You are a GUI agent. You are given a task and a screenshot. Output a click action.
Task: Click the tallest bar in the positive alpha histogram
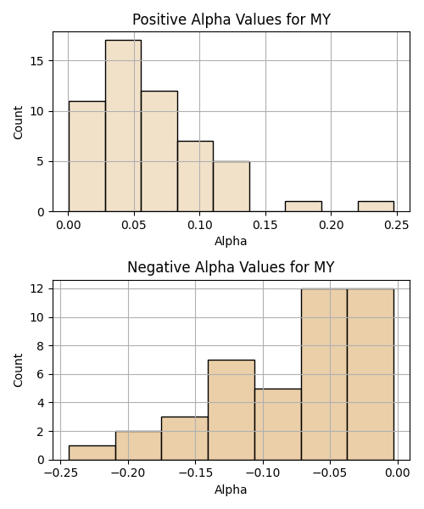[123, 126]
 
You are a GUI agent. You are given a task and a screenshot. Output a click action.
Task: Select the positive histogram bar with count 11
[87, 156]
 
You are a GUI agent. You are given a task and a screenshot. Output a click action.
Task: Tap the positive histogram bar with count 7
[195, 176]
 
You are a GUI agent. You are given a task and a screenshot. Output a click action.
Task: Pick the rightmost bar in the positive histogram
[376, 206]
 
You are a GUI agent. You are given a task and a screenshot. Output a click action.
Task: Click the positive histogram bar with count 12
[159, 151]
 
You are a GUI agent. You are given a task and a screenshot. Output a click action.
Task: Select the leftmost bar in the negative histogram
[92, 453]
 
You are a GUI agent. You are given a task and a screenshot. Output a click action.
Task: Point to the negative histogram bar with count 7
[232, 410]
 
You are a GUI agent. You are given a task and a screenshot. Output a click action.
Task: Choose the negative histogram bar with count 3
[185, 439]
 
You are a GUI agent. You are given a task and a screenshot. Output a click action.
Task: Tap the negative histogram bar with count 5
[278, 424]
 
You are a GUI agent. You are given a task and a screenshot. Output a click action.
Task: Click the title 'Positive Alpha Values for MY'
[232, 20]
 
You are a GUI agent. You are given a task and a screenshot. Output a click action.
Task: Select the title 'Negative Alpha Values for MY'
[231, 267]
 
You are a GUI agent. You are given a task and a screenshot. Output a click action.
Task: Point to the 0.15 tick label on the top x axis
[265, 225]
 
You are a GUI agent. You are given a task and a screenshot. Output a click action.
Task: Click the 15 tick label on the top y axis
[37, 61]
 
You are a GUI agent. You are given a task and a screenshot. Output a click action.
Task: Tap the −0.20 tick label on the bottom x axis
[128, 473]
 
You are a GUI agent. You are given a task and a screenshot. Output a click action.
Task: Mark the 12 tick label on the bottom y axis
[37, 289]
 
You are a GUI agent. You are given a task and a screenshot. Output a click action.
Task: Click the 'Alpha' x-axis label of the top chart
[231, 241]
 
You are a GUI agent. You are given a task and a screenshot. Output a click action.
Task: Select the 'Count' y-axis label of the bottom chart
[18, 371]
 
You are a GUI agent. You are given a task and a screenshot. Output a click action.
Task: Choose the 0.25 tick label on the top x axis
[397, 225]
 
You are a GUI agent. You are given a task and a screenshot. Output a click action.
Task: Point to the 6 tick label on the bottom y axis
[40, 375]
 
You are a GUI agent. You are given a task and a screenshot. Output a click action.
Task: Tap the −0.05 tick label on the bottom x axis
[330, 473]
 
